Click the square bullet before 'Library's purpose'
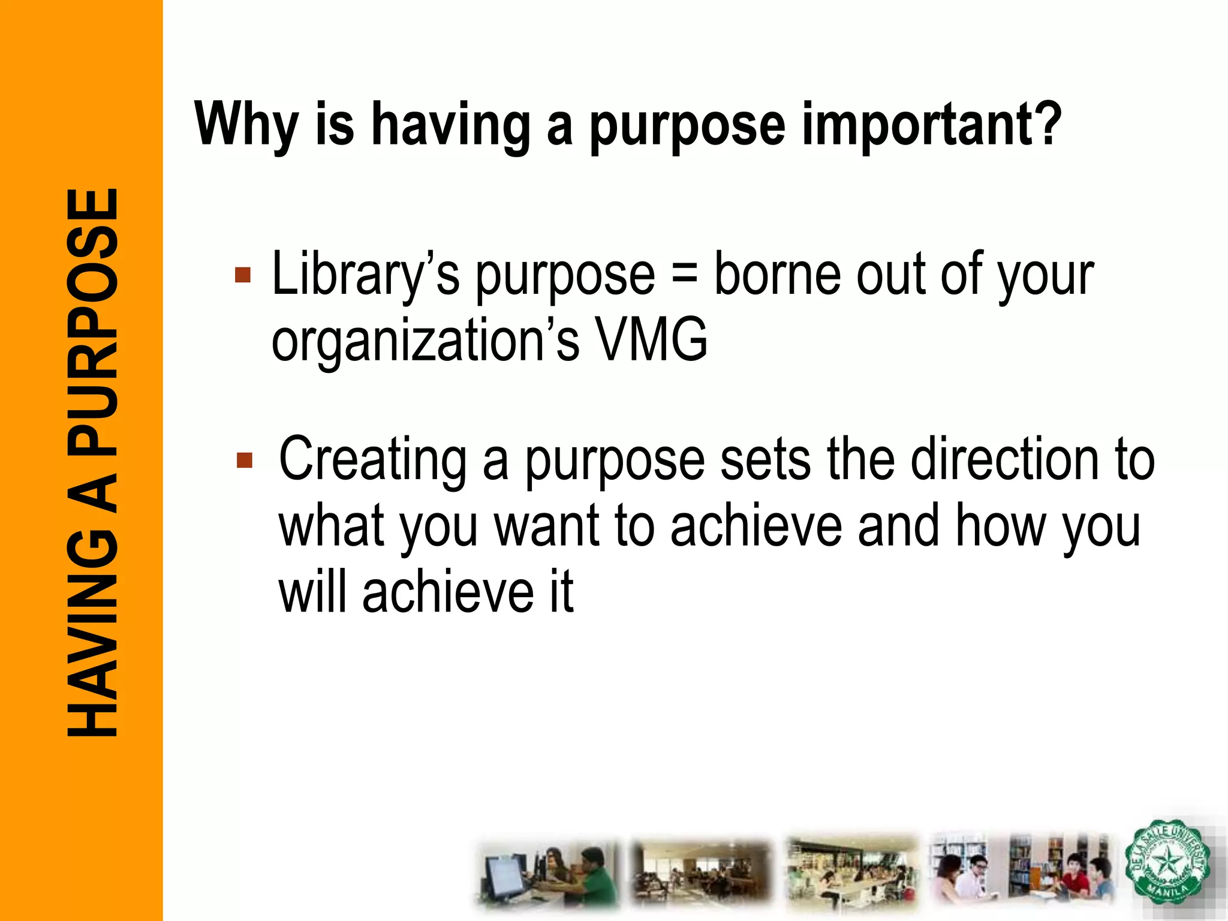(x=243, y=275)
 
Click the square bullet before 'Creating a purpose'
(x=245, y=460)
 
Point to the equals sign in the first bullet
(x=684, y=275)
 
